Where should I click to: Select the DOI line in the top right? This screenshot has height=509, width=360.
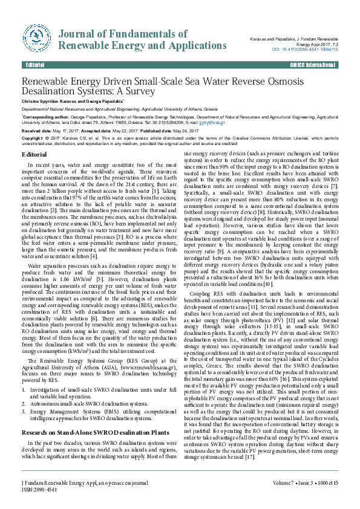point(306,49)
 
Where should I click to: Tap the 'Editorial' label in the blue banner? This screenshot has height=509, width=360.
point(35,65)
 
